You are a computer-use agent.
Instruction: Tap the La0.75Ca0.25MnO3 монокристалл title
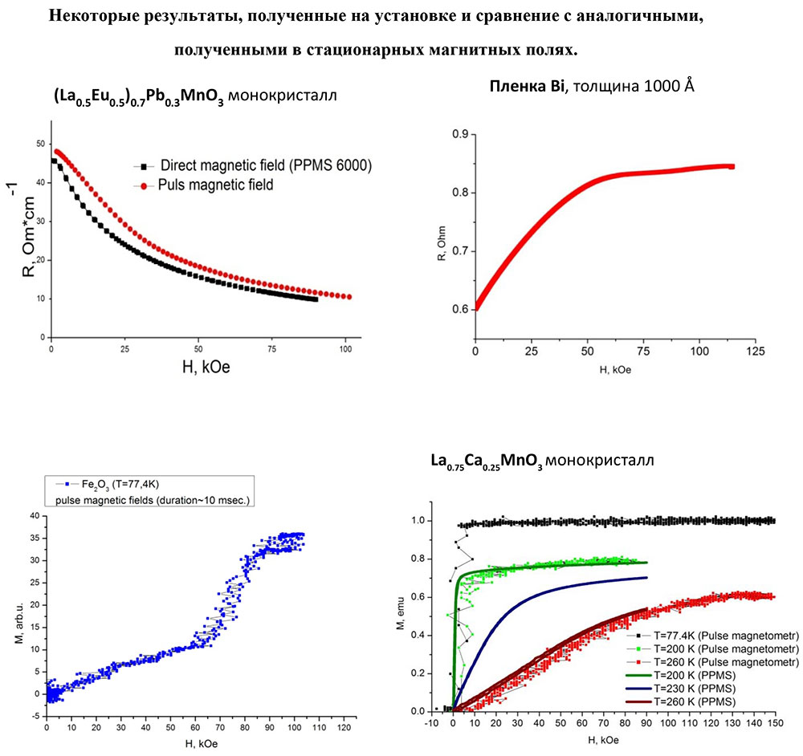coord(541,462)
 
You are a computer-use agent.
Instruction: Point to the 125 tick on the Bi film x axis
coord(754,351)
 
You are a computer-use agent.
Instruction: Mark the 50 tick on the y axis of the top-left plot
coord(41,144)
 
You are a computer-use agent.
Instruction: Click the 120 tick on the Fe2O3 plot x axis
coord(344,731)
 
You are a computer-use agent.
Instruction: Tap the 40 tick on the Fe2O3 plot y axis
coord(33,516)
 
